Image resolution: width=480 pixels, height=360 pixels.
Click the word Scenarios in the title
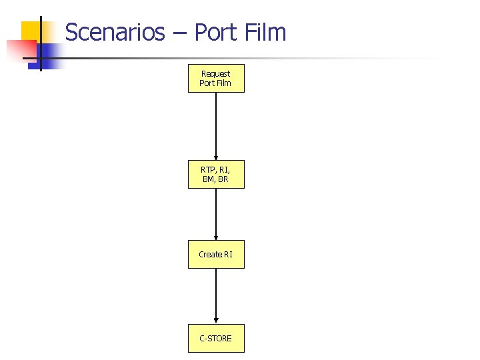pyautogui.click(x=115, y=32)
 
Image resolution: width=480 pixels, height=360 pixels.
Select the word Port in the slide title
pyautogui.click(x=213, y=32)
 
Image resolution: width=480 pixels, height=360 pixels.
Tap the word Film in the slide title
pyautogui.click(x=265, y=32)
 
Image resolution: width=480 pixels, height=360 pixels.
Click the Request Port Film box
pyautogui.click(x=216, y=78)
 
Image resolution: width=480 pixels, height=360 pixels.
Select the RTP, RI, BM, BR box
pyautogui.click(x=216, y=174)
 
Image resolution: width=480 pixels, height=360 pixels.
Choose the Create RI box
pyautogui.click(x=216, y=254)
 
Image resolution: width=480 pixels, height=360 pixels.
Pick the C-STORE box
pyautogui.click(x=216, y=338)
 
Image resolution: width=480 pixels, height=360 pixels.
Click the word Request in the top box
pyautogui.click(x=215, y=73)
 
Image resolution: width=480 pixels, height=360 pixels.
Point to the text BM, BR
pyautogui.click(x=215, y=179)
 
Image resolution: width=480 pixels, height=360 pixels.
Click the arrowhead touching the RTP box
pyautogui.click(x=216, y=157)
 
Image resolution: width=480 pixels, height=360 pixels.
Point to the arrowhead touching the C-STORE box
pyautogui.click(x=216, y=321)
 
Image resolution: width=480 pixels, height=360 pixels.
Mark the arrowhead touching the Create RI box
pyautogui.click(x=216, y=237)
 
